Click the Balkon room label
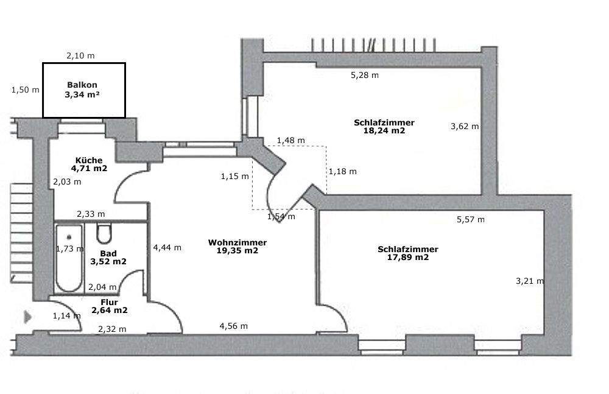tap(82, 85)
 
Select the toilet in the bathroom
tap(104, 233)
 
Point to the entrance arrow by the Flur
tap(28, 317)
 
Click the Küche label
tap(89, 160)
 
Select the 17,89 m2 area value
tap(407, 257)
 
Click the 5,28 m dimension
tap(365, 76)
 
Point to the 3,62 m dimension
tap(464, 127)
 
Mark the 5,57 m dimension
tap(471, 220)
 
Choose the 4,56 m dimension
tap(233, 326)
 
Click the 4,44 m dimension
tap(167, 248)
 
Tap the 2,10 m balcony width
tap(80, 55)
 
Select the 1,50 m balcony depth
tap(25, 90)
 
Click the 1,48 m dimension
tap(290, 141)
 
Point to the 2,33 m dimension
tap(90, 214)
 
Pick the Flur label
tap(110, 302)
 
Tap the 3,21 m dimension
tap(529, 281)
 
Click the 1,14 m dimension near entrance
tap(66, 315)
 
